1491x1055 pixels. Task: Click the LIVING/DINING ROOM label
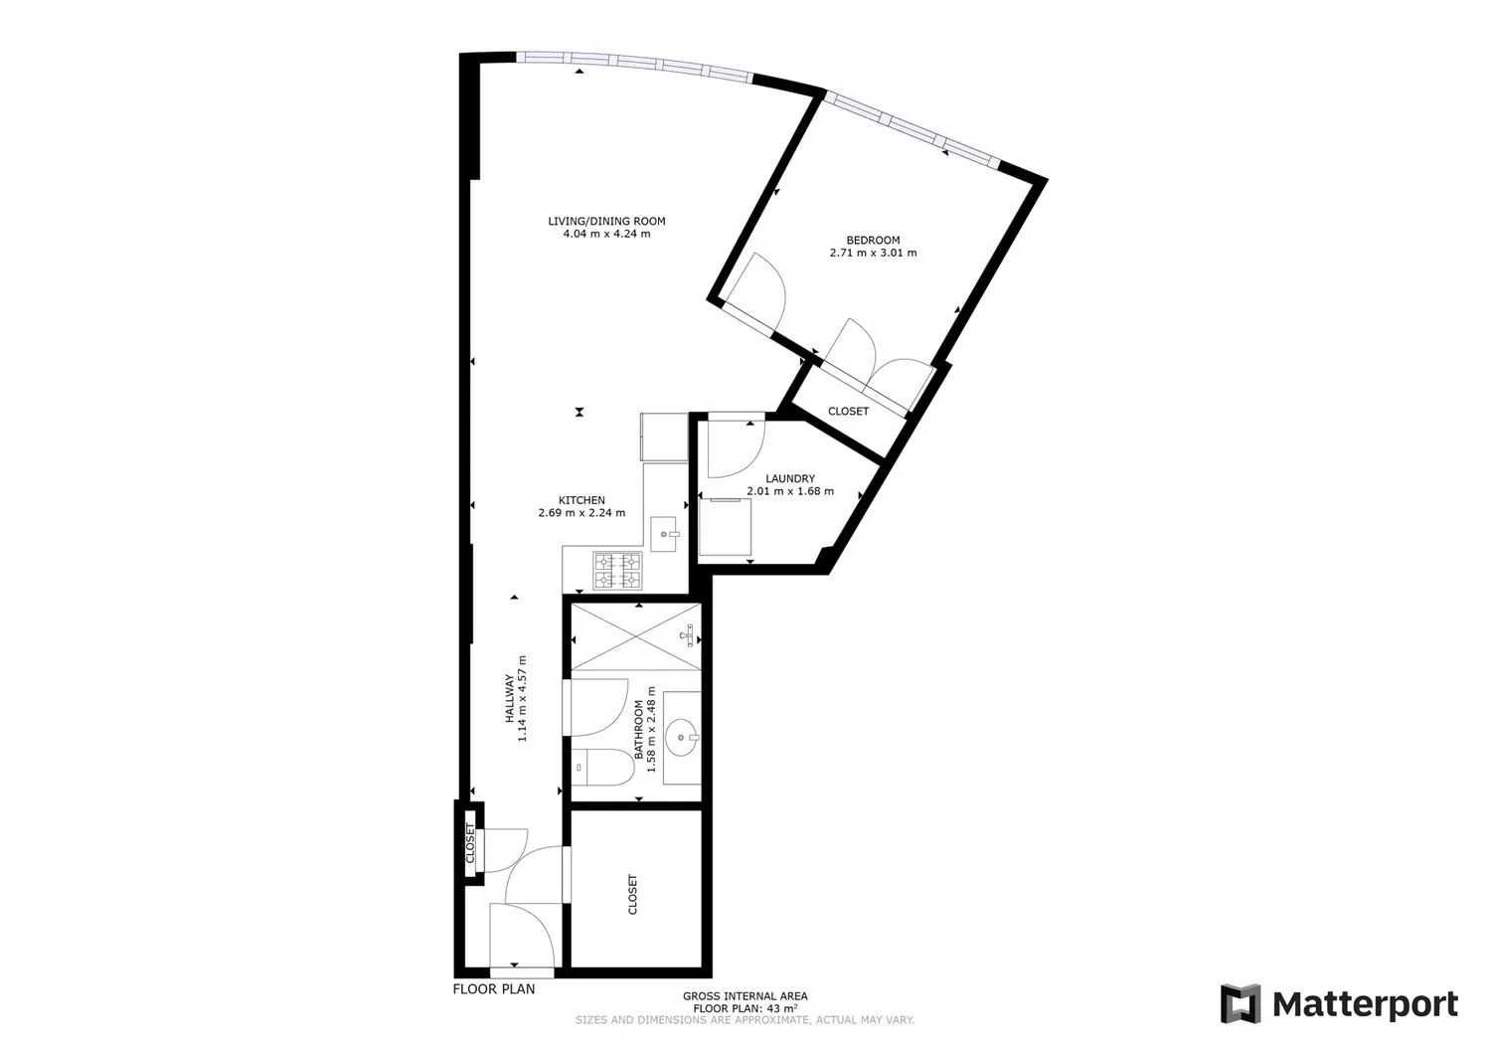click(606, 221)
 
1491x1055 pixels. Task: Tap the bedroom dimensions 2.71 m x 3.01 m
click(873, 254)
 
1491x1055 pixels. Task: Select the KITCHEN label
click(581, 500)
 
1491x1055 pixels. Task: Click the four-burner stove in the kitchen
click(617, 571)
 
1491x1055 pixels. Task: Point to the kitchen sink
click(664, 534)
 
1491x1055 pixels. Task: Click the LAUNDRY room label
click(790, 478)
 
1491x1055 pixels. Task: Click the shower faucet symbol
click(688, 635)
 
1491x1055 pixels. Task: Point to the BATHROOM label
click(639, 730)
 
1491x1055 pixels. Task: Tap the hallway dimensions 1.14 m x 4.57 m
click(523, 699)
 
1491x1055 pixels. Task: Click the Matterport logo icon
click(1241, 1003)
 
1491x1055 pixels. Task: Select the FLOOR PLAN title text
click(494, 989)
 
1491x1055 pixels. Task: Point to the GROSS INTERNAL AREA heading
click(745, 996)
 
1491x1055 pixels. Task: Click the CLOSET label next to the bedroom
click(848, 412)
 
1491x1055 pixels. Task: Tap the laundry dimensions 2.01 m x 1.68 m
click(790, 491)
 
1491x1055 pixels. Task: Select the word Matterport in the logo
click(1365, 1004)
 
